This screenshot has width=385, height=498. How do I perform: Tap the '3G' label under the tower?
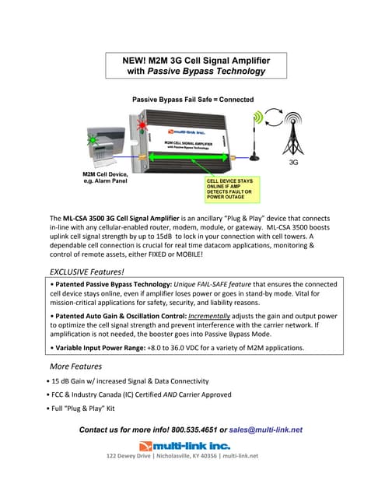click(x=293, y=163)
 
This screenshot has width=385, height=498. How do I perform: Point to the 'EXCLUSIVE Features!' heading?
click(x=86, y=272)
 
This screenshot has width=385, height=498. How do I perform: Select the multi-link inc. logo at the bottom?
click(x=184, y=445)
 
